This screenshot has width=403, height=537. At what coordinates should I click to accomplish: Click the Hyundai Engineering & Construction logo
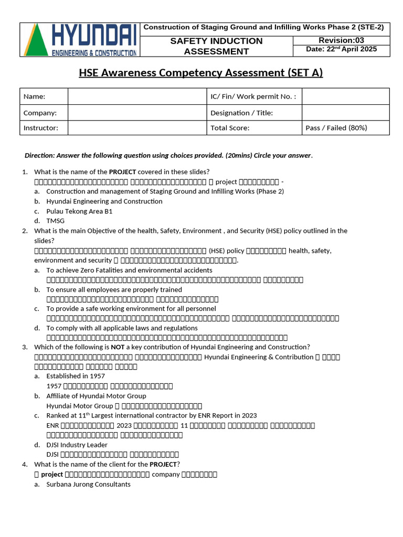80,40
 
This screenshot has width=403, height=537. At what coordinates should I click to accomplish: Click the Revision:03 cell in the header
341,40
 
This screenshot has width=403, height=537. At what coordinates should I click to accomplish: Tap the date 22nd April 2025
341,50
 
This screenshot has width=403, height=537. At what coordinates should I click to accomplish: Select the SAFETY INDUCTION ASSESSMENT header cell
216,46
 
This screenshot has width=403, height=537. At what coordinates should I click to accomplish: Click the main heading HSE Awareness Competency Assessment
201,73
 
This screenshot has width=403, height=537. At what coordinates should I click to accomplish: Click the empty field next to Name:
137,96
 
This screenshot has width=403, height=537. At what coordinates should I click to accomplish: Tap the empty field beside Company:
137,113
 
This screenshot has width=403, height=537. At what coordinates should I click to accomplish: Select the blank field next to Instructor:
137,127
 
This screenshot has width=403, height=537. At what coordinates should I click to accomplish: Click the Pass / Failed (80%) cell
336,127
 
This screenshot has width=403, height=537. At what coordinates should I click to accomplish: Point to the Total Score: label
230,127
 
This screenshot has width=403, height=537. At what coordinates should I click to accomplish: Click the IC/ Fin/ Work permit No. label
253,96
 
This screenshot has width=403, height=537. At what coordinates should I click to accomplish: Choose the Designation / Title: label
241,113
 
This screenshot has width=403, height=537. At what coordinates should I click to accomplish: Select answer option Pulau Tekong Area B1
79,211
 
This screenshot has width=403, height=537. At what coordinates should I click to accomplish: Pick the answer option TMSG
55,221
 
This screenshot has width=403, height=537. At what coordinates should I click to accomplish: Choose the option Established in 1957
76,376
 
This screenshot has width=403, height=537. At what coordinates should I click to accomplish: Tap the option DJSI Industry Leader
77,445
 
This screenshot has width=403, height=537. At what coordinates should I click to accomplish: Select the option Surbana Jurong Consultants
88,484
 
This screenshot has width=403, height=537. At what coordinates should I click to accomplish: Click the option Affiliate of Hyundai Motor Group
96,396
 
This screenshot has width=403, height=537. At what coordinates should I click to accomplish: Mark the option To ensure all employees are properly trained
114,289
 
